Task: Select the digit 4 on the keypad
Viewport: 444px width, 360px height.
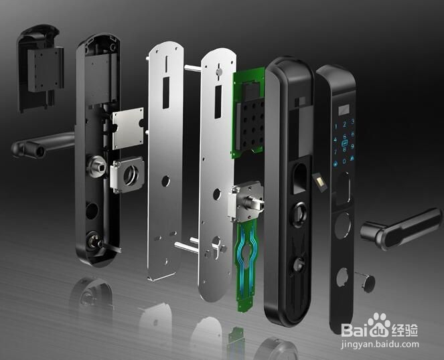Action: (x=336, y=139)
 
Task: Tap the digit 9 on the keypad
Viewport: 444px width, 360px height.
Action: (x=352, y=147)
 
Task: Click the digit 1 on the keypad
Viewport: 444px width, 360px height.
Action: (x=336, y=126)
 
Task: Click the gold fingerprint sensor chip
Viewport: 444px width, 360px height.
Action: (x=320, y=181)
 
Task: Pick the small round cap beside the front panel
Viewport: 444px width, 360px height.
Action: (x=366, y=281)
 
